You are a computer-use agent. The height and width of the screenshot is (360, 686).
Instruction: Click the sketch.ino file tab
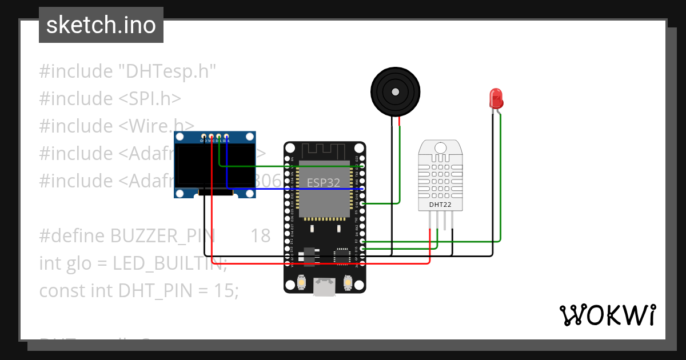point(101,25)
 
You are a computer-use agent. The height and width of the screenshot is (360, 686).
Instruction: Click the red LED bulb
point(496,98)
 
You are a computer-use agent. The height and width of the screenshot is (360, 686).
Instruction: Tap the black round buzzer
point(395,91)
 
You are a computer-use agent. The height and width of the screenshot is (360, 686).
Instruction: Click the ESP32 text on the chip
point(324,183)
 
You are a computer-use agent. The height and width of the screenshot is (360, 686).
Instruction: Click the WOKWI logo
point(607,315)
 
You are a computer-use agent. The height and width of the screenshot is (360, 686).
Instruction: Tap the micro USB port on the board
point(325,287)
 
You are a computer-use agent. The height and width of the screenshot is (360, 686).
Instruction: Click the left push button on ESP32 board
point(302,282)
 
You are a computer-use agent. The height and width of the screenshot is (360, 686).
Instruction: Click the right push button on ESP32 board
point(348,282)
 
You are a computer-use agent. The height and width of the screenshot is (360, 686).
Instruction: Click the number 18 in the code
point(260,235)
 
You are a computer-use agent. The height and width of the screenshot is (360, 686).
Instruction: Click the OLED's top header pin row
point(215,137)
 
